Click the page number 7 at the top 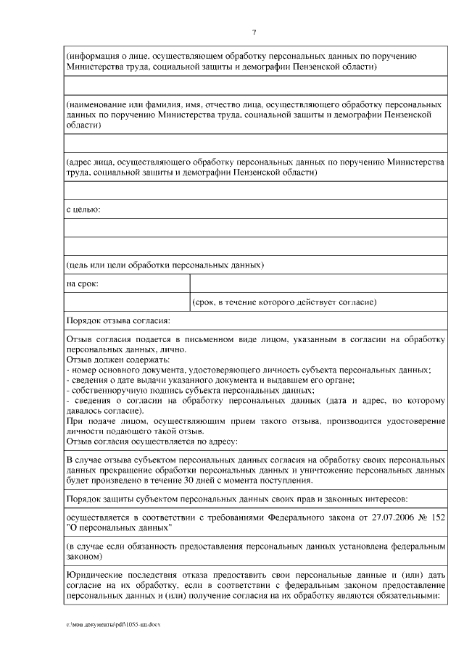(x=254, y=33)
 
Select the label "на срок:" (x=82, y=283)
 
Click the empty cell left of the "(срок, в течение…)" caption (x=126, y=302)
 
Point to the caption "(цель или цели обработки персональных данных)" (x=165, y=265)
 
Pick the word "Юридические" (x=94, y=573)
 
